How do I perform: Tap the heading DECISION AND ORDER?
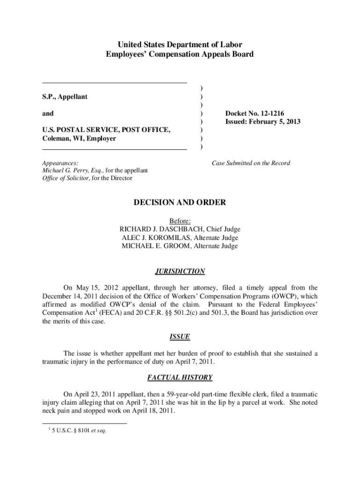tap(180, 203)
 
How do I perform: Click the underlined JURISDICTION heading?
tap(180, 271)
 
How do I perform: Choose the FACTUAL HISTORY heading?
tap(180, 377)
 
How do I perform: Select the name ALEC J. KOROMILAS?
tap(157, 238)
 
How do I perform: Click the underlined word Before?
tap(180, 221)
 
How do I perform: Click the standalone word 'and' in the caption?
tap(48, 113)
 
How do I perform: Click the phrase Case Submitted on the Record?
tap(251, 163)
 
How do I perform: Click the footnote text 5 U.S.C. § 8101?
tap(79, 431)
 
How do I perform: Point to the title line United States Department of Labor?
tap(180, 45)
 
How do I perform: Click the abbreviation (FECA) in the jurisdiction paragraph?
tap(103, 312)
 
